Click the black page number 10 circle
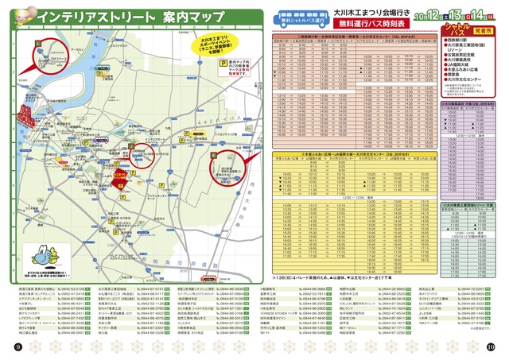[x=491, y=346]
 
